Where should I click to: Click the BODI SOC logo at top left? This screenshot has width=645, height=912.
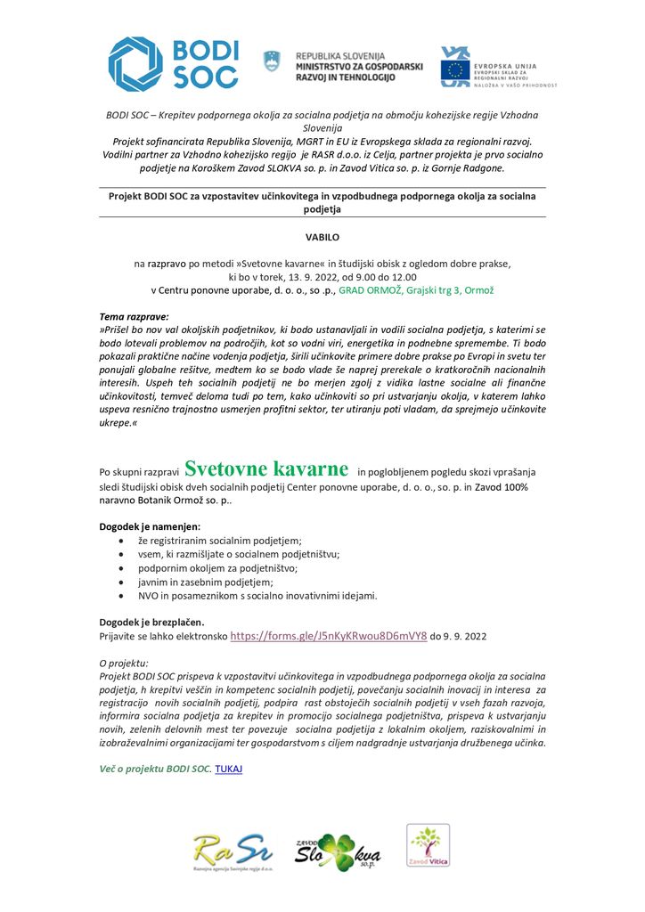click(174, 63)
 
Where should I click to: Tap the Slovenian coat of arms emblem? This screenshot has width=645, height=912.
click(271, 61)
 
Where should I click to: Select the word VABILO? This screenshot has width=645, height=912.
click(322, 238)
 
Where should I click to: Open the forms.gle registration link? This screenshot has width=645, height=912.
click(328, 637)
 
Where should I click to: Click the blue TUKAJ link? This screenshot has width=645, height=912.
click(229, 768)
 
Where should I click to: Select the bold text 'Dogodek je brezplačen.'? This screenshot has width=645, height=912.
click(151, 623)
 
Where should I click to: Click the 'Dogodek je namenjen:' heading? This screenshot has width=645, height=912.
click(150, 526)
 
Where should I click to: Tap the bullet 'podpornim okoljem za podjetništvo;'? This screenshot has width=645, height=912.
click(218, 567)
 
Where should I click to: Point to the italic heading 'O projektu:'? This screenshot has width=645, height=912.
click(124, 664)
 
